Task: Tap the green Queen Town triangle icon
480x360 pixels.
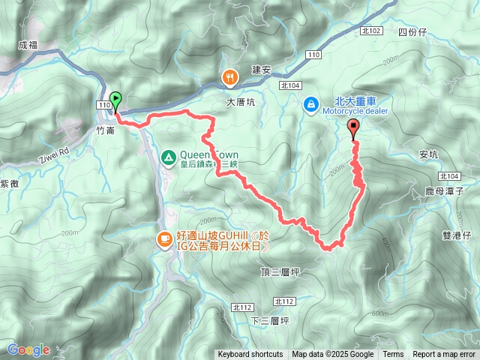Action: click(168, 157)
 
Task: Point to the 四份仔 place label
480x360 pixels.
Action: click(412, 32)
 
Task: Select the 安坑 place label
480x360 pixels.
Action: click(428, 154)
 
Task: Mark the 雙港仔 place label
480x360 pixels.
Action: click(456, 235)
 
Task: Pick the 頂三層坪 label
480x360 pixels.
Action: click(280, 271)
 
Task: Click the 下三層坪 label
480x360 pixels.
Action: click(270, 320)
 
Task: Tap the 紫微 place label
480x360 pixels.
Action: click(10, 183)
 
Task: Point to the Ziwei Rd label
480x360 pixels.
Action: click(53, 154)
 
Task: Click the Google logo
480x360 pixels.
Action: click(28, 349)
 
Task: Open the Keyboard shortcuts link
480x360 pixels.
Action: click(250, 355)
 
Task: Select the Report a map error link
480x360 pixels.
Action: click(445, 355)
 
